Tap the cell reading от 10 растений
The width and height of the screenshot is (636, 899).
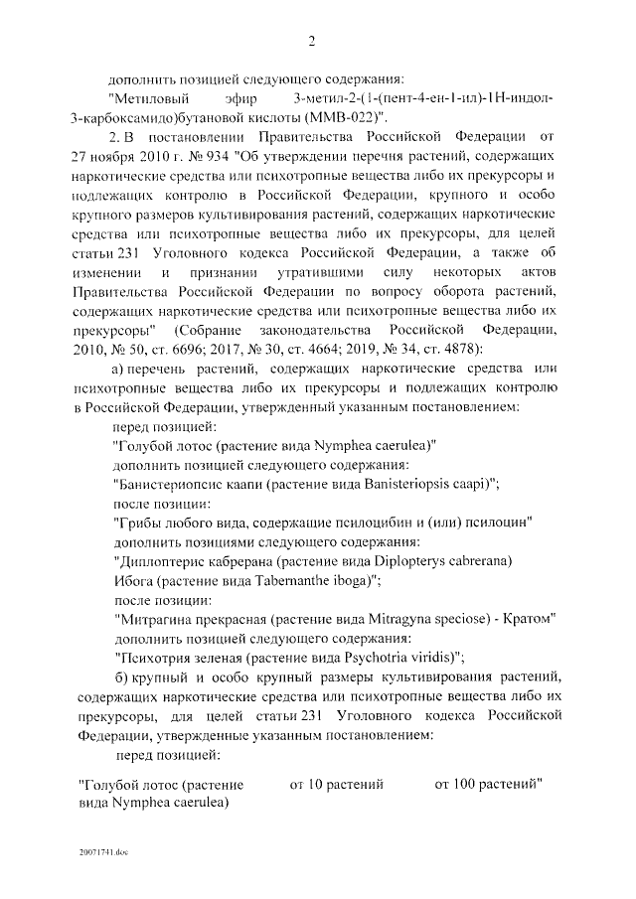pyautogui.click(x=337, y=785)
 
